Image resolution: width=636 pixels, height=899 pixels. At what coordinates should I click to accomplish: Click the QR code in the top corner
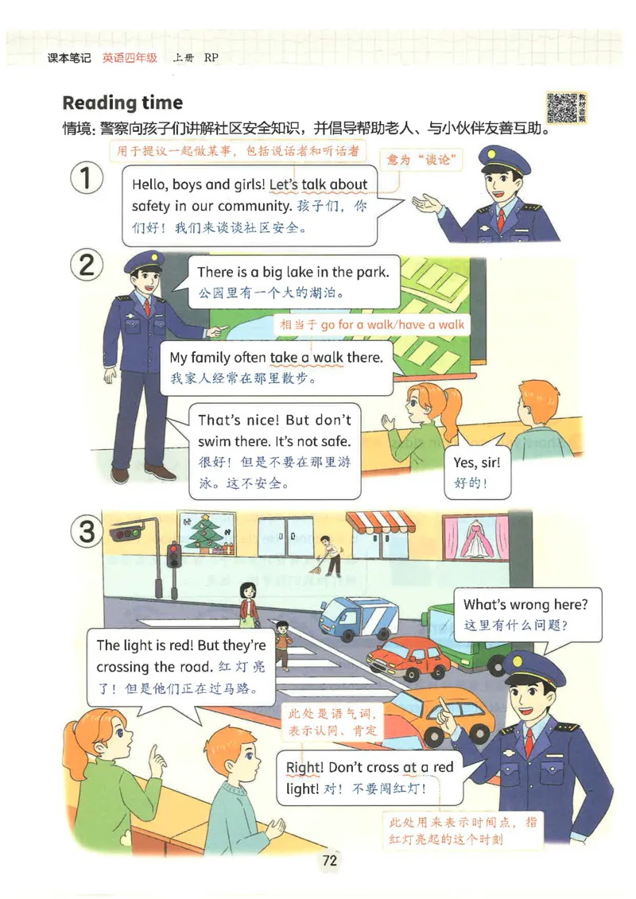point(562,107)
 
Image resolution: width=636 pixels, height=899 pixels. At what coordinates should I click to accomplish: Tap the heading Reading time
point(122,103)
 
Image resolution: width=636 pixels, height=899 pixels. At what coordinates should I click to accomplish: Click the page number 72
point(330,860)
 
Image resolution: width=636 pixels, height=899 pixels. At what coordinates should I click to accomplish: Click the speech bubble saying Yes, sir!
point(475,472)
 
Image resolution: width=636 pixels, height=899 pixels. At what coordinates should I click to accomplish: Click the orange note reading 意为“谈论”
point(424,161)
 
